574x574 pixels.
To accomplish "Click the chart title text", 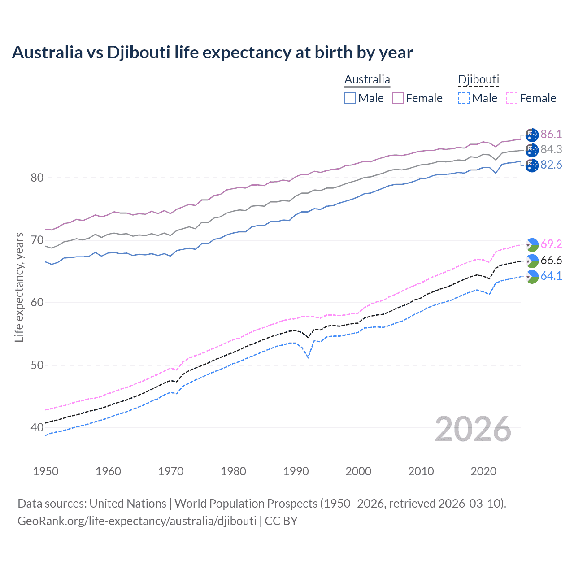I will [212, 52].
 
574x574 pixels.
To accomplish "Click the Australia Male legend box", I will [350, 98].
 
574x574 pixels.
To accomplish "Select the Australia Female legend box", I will [398, 98].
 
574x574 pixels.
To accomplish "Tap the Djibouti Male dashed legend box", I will [464, 98].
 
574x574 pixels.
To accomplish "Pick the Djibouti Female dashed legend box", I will [512, 98].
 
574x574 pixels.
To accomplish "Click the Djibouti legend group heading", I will [478, 80].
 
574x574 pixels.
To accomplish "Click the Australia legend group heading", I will [367, 80].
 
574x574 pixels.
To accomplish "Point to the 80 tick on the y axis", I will [37, 178].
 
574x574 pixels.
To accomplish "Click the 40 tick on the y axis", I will [37, 427].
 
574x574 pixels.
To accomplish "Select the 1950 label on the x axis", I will [46, 471].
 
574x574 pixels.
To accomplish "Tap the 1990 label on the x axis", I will [296, 471].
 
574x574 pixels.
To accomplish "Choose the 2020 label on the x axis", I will [483, 471].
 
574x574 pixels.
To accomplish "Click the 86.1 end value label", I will [551, 134].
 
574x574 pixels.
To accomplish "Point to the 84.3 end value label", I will [551, 149].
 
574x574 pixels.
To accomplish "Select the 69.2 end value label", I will [551, 244].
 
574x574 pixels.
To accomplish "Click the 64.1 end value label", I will [551, 276].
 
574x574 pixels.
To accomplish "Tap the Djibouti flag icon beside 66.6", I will [532, 261].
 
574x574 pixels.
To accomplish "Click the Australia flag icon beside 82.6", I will [532, 165].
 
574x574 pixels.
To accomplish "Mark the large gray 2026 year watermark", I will [473, 429].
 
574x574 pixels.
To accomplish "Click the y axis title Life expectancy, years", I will [19, 287].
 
